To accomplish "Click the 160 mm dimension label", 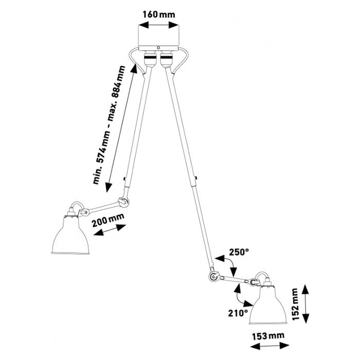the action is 159,14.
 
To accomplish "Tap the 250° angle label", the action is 239,253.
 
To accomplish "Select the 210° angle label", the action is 238,313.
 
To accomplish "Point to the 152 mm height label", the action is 294,304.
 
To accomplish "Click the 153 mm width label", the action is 268,336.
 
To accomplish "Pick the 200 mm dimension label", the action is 108,220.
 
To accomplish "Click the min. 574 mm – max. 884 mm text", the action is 109,125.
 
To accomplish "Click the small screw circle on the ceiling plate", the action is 158,47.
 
